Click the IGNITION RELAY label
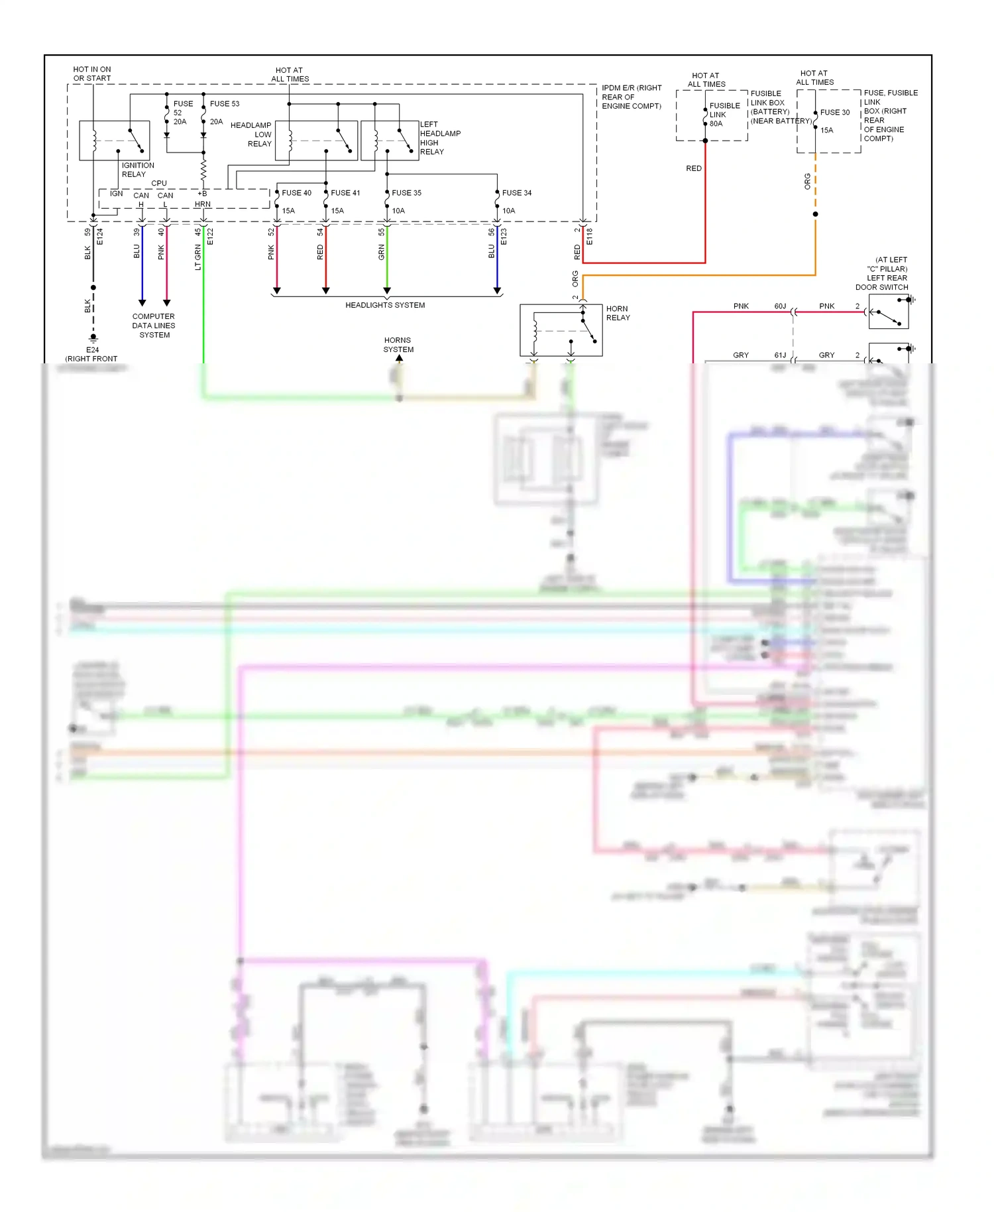(x=137, y=170)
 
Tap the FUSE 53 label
(x=225, y=103)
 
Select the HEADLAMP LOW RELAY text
(x=251, y=135)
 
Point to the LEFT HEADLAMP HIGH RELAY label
(x=439, y=138)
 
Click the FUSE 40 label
(x=296, y=193)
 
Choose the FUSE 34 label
(x=516, y=193)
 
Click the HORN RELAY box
(x=561, y=330)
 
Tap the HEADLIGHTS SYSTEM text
(x=385, y=305)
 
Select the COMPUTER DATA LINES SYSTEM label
(x=154, y=326)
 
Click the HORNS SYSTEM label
(x=398, y=345)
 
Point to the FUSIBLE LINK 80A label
(x=724, y=115)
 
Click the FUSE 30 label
(x=834, y=113)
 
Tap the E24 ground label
(x=92, y=350)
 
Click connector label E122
(x=210, y=237)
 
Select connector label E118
(x=589, y=237)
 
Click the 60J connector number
(x=780, y=306)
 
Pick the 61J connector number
(x=780, y=355)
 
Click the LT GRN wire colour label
(x=197, y=257)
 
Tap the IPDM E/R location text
(x=631, y=97)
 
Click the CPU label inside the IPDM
(x=159, y=183)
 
